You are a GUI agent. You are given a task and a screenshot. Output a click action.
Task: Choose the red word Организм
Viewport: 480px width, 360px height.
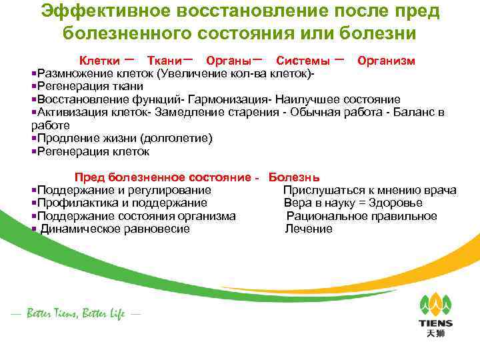click(x=386, y=61)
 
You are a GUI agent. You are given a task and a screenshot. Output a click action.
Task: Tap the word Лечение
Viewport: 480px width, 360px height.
click(x=309, y=229)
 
